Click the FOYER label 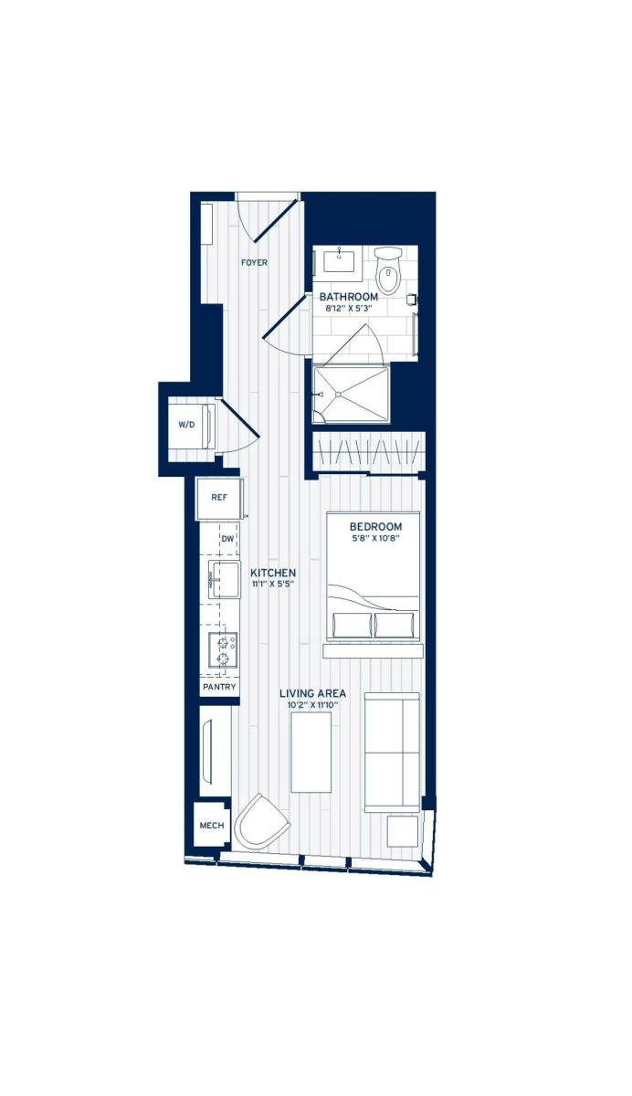[254, 263]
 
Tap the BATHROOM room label [348, 297]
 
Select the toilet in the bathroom [390, 271]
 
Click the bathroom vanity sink [340, 260]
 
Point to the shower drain [339, 395]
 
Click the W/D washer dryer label [186, 426]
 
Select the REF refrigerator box [218, 499]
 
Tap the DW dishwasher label [227, 539]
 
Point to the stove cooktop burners [222, 650]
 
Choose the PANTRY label [219, 687]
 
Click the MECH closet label [212, 826]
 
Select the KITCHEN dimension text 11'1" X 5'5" [273, 585]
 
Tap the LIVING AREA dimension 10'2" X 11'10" [312, 705]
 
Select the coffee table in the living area [311, 753]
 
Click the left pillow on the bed [353, 626]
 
